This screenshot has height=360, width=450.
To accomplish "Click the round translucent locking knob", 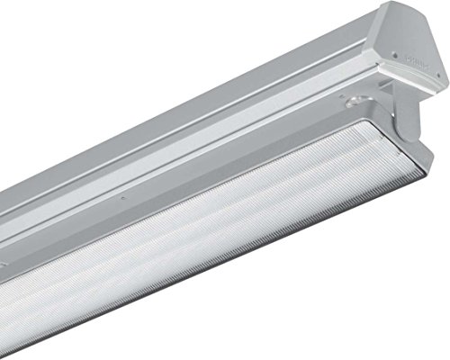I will coord(361,120).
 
